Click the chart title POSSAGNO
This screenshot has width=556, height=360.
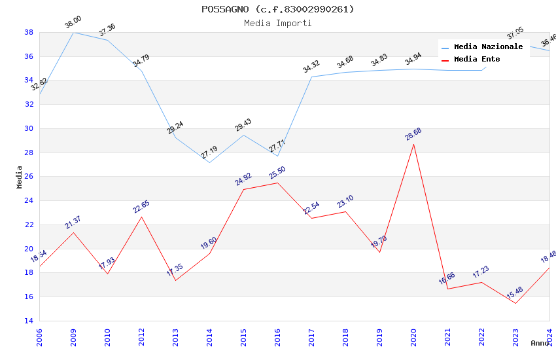[277, 9]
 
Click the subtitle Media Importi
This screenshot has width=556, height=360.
[277, 23]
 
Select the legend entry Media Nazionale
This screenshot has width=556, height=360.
[488, 47]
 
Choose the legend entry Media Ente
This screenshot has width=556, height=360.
[477, 60]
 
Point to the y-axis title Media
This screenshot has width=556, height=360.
[20, 177]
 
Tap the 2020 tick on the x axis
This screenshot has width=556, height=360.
[413, 337]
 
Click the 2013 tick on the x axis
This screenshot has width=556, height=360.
[175, 337]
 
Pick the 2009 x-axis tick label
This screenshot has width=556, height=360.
[73, 337]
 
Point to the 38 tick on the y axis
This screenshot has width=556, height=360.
[29, 32]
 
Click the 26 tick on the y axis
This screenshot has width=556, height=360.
[29, 177]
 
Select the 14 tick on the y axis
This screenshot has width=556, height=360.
[29, 321]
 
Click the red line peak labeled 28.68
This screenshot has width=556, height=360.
[413, 144]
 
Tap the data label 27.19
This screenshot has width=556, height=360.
[209, 153]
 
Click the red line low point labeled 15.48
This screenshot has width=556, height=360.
[515, 303]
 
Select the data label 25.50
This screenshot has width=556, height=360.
[277, 173]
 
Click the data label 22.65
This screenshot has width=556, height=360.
[141, 207]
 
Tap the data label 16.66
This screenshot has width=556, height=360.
[447, 279]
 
